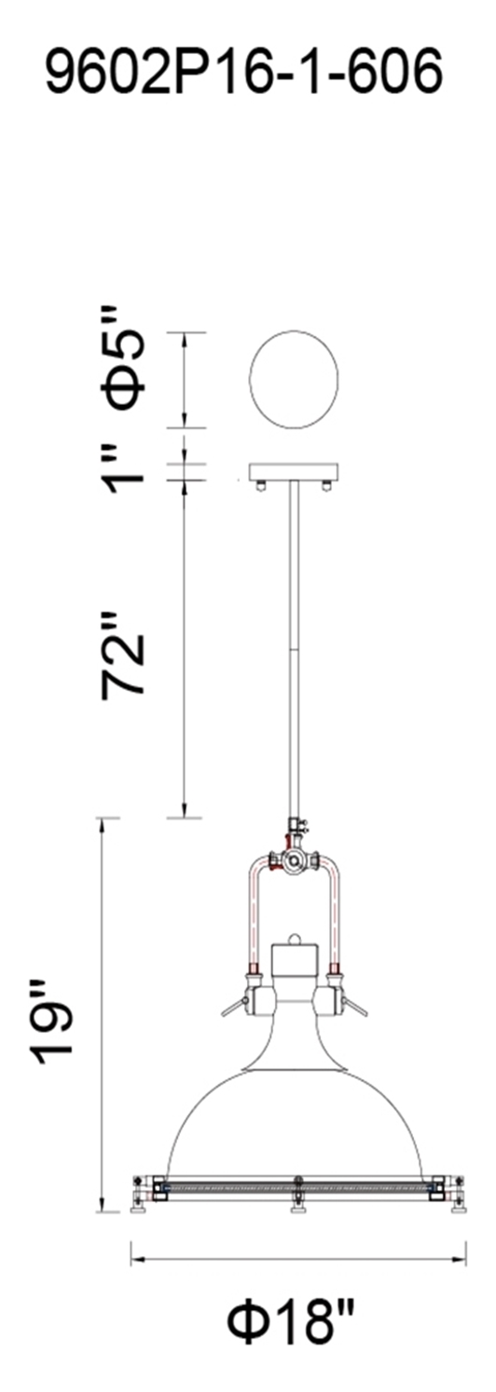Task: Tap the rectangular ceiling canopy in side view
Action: click(294, 473)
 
